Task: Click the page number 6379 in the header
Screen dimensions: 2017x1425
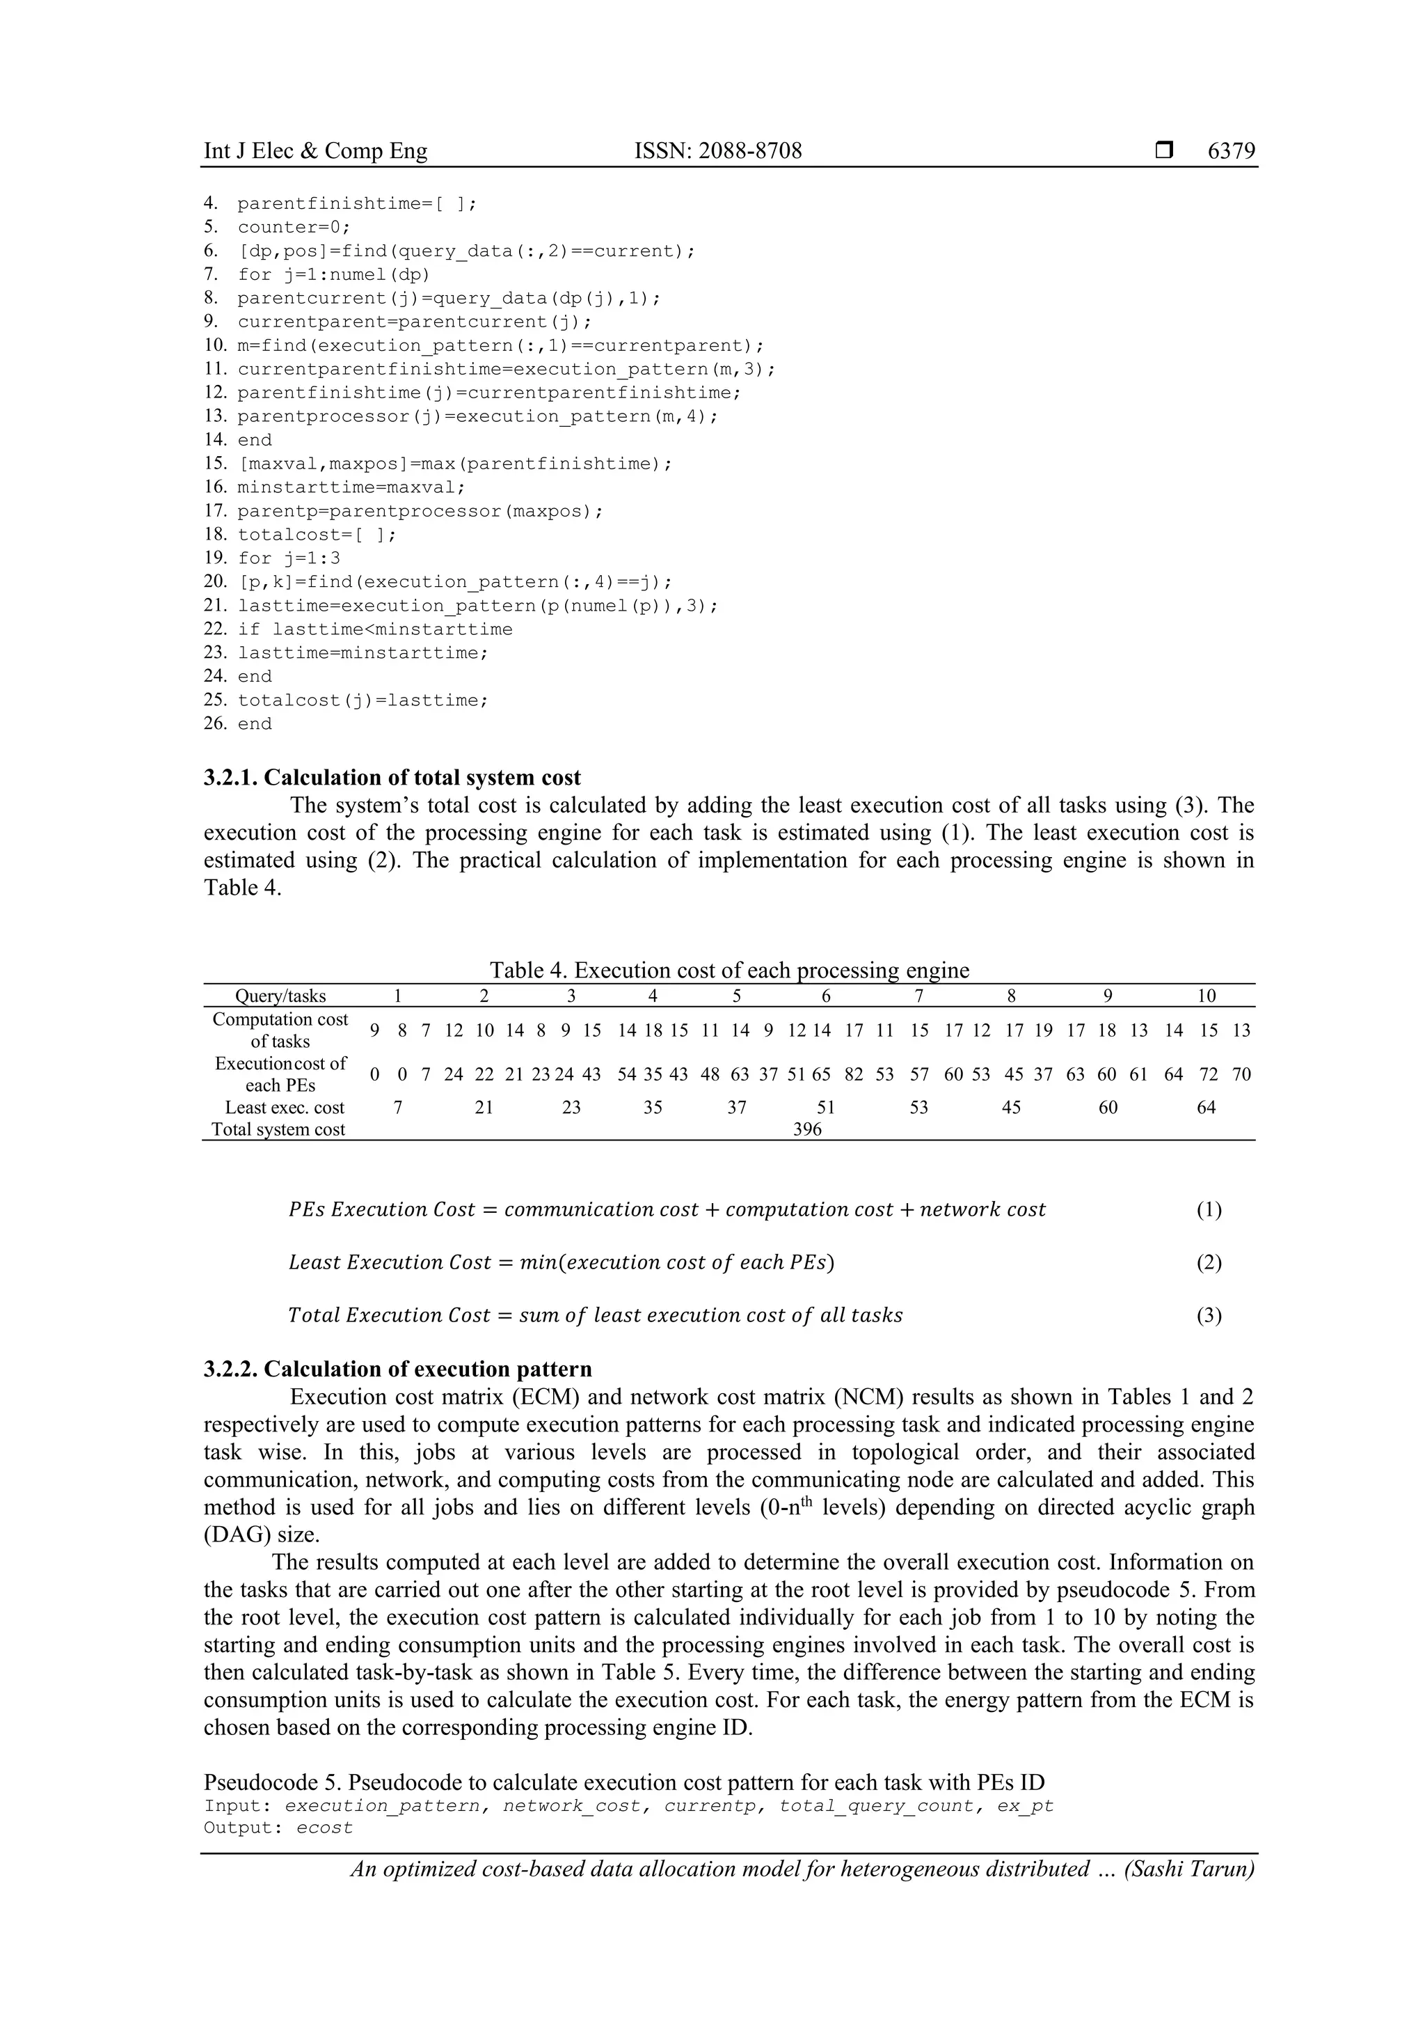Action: [1231, 151]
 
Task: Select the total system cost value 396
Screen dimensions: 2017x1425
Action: [807, 1130]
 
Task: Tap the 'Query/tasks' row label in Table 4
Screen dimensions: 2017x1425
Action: [280, 996]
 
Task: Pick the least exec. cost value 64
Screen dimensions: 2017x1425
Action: [1207, 1108]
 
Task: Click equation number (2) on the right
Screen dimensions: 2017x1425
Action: [1209, 1263]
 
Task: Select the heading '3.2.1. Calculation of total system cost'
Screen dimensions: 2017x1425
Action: [392, 778]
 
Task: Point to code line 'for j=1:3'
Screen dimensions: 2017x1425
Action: [289, 558]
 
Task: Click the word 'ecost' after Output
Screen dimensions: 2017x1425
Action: [324, 1828]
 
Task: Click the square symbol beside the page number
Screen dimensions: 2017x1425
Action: [1164, 151]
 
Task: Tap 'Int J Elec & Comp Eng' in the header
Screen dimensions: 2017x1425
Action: [315, 151]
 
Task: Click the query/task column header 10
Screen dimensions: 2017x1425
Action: [1207, 996]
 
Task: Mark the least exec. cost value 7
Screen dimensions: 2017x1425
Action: [398, 1108]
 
